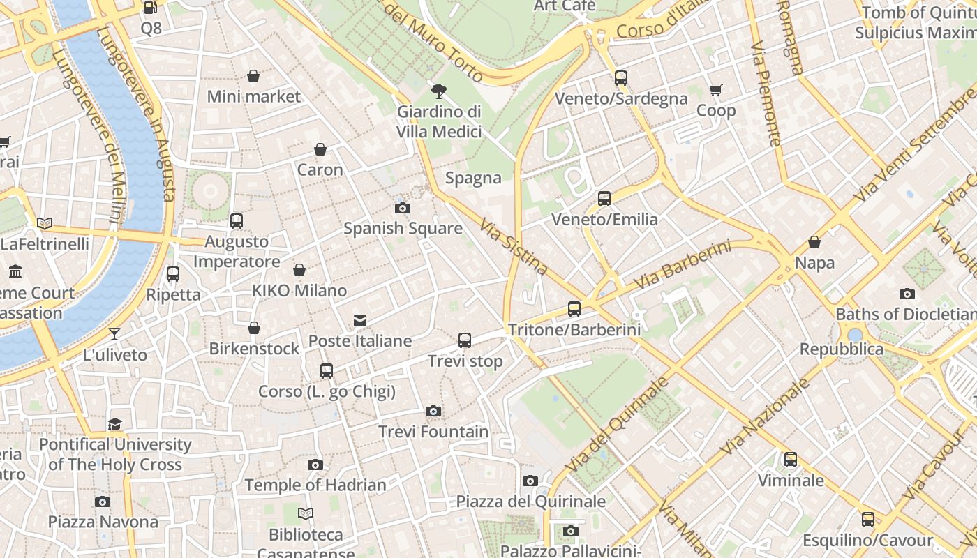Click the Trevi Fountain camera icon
pos(433,411)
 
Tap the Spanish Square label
pos(403,228)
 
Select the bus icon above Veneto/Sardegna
pos(621,78)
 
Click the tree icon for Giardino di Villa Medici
pos(439,91)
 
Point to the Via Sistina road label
pos(514,246)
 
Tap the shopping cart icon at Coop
pos(716,91)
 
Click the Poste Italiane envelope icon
pos(360,321)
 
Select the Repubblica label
pos(841,349)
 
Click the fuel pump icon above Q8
pos(151,8)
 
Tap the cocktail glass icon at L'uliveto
pos(115,334)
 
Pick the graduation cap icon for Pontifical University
pos(115,424)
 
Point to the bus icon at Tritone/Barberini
pos(574,308)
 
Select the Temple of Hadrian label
pos(315,485)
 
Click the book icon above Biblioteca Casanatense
pos(306,514)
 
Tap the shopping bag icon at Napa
pos(814,243)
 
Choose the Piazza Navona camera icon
pos(103,502)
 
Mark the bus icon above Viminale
pos(791,460)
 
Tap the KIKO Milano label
pos(299,290)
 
